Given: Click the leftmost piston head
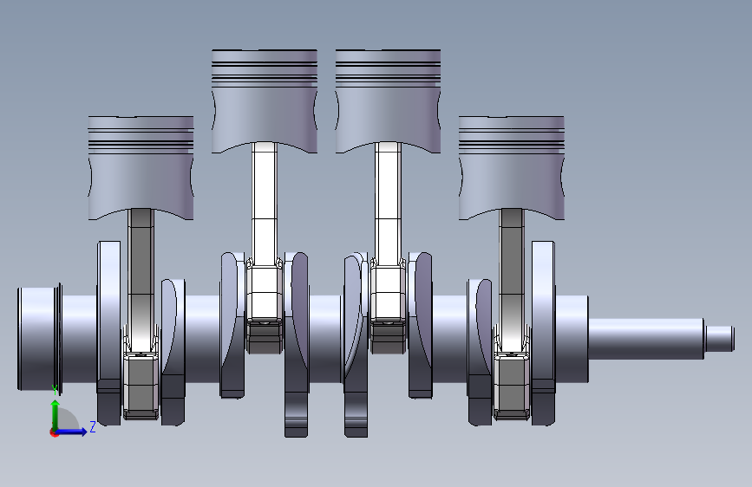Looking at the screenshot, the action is pyautogui.click(x=141, y=168).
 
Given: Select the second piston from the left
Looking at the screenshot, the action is pyautogui.click(x=265, y=101).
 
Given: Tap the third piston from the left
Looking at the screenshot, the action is pyautogui.click(x=388, y=101).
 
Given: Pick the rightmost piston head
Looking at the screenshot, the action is pyautogui.click(x=511, y=168).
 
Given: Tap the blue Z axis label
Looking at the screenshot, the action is pyautogui.click(x=93, y=426).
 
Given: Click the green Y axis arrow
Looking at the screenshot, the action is pyautogui.click(x=56, y=414).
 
